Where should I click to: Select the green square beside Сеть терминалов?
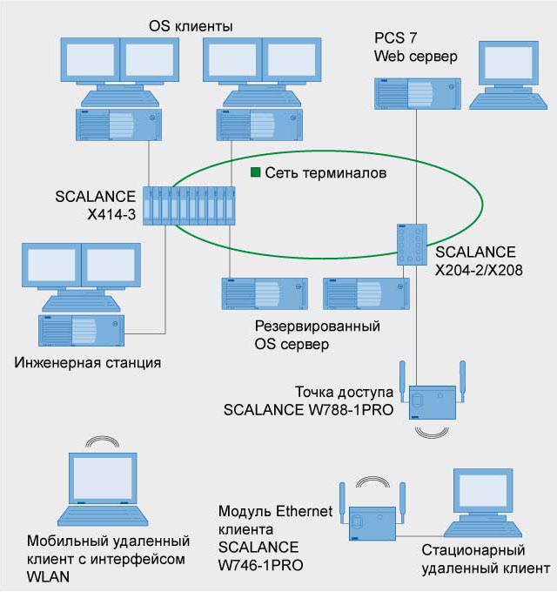255,172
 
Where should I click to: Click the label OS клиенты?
189,27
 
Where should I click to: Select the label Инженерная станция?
88,360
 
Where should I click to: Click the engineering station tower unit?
79,331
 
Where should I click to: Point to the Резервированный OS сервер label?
319,335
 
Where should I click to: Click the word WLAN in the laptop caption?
47,576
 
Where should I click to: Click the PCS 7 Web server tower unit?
416,94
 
